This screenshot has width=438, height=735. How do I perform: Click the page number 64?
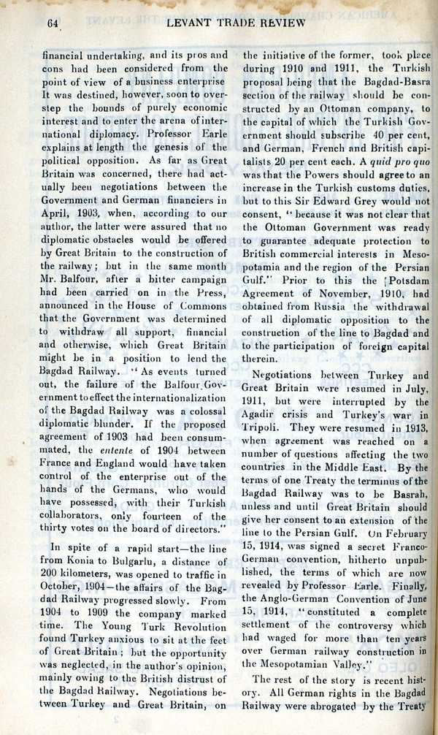(x=52, y=22)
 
